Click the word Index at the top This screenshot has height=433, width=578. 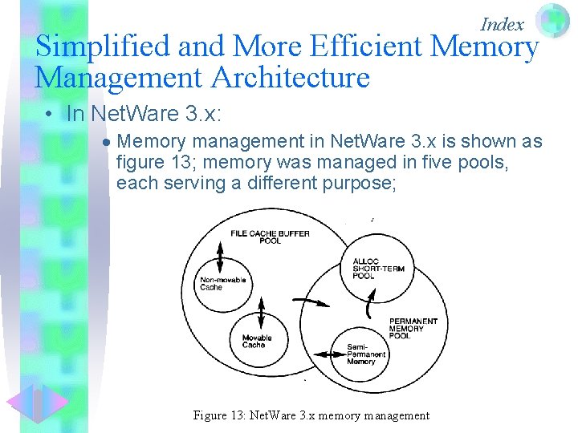(x=502, y=24)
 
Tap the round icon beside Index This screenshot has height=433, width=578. (x=552, y=20)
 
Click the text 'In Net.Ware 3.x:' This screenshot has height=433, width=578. (x=144, y=114)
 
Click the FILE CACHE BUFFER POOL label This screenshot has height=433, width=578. (x=270, y=237)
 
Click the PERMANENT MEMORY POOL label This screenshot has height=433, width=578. (x=413, y=328)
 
